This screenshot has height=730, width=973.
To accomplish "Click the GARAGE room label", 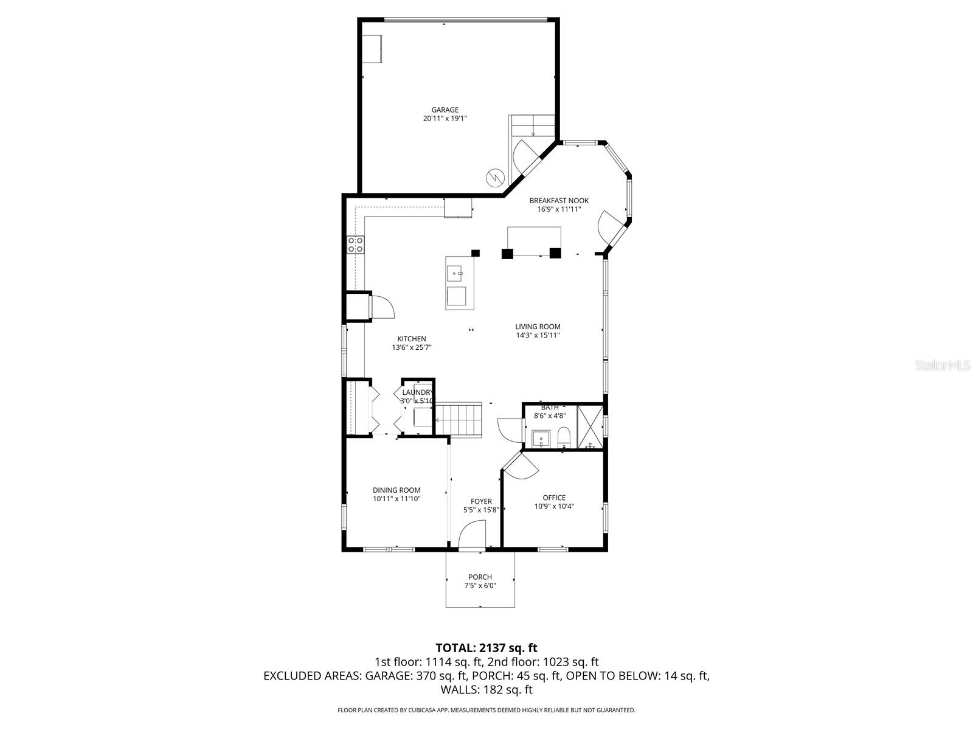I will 445,110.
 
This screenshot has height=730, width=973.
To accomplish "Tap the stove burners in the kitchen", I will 356,245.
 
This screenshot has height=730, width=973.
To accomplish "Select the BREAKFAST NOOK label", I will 559,201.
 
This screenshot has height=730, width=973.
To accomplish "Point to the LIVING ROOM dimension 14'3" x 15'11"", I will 538,335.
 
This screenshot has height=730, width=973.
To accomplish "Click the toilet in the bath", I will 564,436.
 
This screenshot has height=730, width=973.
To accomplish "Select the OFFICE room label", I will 554,498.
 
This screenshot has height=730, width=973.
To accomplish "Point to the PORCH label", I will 480,577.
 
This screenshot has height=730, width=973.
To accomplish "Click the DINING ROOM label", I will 396,490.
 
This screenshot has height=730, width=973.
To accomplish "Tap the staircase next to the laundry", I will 459,419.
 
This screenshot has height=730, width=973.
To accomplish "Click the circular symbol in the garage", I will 494,177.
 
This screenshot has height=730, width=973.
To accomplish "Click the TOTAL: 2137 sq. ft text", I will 486,648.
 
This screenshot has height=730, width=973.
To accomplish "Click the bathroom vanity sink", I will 541,439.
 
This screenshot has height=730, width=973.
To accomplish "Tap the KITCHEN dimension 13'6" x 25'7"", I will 412,348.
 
